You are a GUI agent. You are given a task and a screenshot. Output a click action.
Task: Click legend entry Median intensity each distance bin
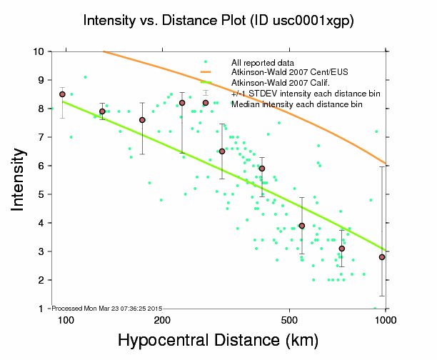tap(296, 104)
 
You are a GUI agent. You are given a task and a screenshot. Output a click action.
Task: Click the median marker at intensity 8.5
tap(62, 94)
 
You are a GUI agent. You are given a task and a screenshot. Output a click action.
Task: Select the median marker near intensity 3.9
tap(302, 226)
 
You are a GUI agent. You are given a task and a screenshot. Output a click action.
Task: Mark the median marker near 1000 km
tap(382, 257)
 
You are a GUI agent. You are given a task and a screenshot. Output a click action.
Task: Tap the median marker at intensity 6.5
tap(222, 151)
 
